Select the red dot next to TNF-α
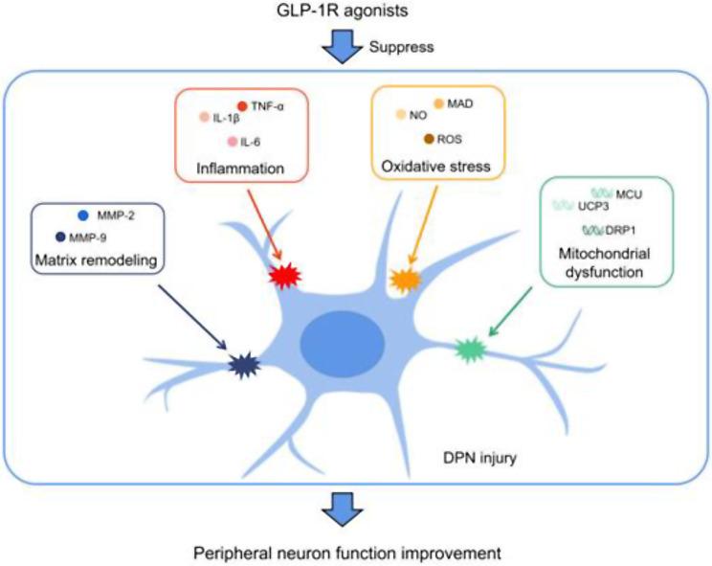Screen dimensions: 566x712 click(x=242, y=105)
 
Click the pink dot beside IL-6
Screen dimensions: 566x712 click(x=232, y=142)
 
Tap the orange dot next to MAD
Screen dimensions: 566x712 click(x=439, y=102)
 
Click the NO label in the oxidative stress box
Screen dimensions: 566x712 click(x=417, y=115)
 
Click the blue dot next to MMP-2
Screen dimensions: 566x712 click(x=83, y=215)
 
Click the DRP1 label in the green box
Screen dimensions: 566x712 click(x=632, y=230)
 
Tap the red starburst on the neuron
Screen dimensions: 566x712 click(x=285, y=277)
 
